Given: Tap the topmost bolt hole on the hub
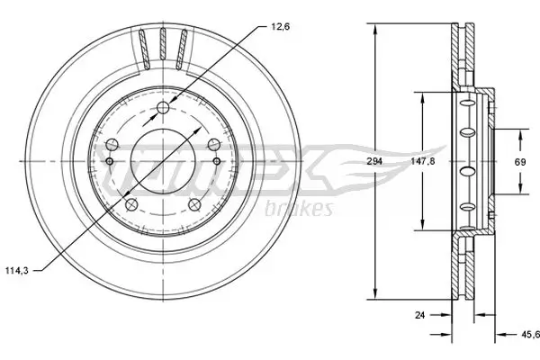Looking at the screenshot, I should click(x=163, y=110).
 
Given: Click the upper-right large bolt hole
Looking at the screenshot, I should click(x=214, y=146).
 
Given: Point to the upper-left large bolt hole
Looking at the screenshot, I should click(x=112, y=146).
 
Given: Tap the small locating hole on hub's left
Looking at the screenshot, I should click(x=110, y=162).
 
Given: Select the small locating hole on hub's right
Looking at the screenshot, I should click(x=217, y=162).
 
